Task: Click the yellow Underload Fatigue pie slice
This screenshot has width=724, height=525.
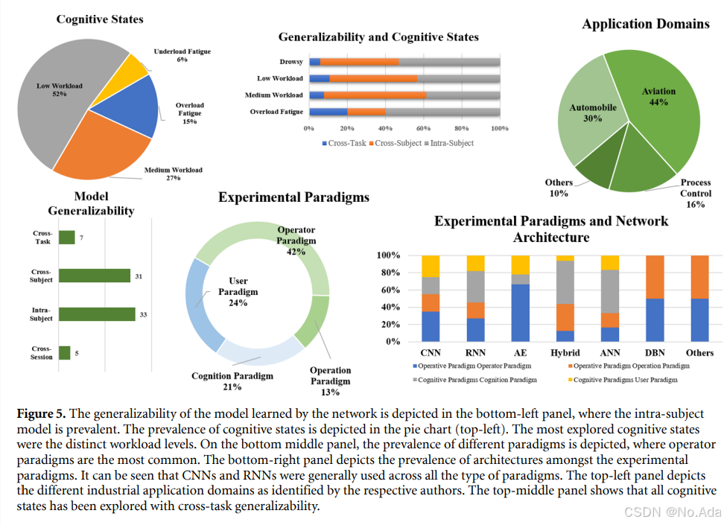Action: (137, 67)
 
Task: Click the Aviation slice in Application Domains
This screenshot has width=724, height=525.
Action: (663, 112)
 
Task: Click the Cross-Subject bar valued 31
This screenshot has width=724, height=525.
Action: (95, 276)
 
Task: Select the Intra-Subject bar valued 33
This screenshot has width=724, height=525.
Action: (97, 315)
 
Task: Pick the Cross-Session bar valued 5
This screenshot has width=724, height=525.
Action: (65, 352)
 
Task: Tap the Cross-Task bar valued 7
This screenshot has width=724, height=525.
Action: (67, 238)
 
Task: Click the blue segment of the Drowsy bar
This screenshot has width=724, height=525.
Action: (314, 62)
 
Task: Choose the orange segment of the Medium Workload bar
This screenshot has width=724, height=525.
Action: (375, 95)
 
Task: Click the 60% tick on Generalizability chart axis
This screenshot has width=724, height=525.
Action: (424, 128)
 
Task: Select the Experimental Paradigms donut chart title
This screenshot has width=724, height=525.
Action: (293, 197)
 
